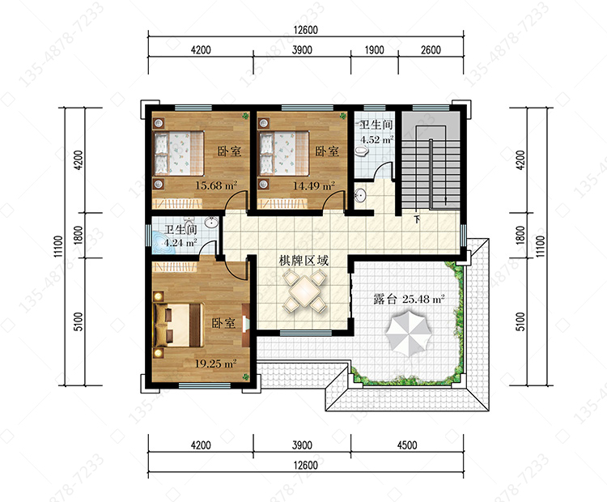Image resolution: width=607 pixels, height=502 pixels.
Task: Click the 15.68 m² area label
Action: pos(215,185)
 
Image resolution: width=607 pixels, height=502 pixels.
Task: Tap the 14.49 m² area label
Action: pos(313,186)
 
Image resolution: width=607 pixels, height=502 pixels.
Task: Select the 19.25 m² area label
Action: pos(215,364)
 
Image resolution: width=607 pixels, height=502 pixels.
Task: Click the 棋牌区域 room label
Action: pos(303,260)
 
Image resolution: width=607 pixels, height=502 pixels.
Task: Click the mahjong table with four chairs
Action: pos(304,291)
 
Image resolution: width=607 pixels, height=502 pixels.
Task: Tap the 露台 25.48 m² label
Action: pos(409,299)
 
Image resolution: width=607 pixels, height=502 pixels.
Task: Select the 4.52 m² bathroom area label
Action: pos(376,140)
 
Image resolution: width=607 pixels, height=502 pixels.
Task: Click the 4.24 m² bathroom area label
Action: pos(180,243)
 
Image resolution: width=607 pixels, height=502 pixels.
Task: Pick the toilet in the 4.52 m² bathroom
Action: pos(363,151)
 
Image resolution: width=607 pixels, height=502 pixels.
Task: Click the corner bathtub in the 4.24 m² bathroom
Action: pos(163,243)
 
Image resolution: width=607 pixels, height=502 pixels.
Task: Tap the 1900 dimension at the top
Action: pos(375,50)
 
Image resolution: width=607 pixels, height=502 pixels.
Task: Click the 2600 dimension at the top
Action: pos(431,50)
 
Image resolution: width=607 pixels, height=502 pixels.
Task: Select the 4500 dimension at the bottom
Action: pos(407,445)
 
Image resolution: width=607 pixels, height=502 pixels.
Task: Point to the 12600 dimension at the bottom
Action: pos(305,466)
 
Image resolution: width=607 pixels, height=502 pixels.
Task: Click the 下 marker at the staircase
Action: pos(417,219)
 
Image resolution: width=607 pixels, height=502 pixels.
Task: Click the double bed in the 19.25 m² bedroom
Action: pos(179,325)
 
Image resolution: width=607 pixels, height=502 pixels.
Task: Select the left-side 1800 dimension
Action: pos(79,235)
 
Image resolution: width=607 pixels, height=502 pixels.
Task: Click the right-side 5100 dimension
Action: pos(520,321)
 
